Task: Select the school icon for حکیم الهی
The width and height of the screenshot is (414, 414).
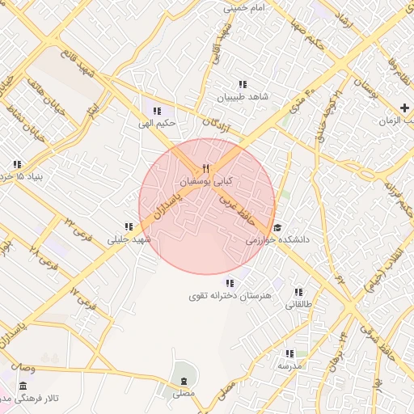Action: pyautogui.click(x=157, y=111)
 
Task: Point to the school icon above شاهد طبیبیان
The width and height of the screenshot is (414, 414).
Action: pyautogui.click(x=241, y=84)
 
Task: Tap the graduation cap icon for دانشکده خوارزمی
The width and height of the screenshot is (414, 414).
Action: pyautogui.click(x=277, y=228)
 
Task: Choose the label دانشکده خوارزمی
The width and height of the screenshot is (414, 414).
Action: pyautogui.click(x=274, y=240)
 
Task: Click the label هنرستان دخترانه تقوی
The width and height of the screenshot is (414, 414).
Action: pyautogui.click(x=230, y=296)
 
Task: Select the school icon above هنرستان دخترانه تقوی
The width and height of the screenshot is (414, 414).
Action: pyautogui.click(x=230, y=283)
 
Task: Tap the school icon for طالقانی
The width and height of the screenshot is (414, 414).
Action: pyautogui.click(x=298, y=292)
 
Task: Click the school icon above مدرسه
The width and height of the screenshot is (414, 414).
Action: pyautogui.click(x=289, y=353)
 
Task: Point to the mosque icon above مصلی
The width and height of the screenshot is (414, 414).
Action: pyautogui.click(x=184, y=381)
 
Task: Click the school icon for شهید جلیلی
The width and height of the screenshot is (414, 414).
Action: pyautogui.click(x=129, y=227)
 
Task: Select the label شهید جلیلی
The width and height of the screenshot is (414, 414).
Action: pyautogui.click(x=129, y=240)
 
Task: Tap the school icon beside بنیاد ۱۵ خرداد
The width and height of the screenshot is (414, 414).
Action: pyautogui.click(x=17, y=164)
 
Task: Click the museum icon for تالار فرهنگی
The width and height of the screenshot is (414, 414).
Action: pyautogui.click(x=23, y=387)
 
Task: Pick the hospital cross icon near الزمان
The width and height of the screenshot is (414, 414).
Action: pyautogui.click(x=404, y=108)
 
